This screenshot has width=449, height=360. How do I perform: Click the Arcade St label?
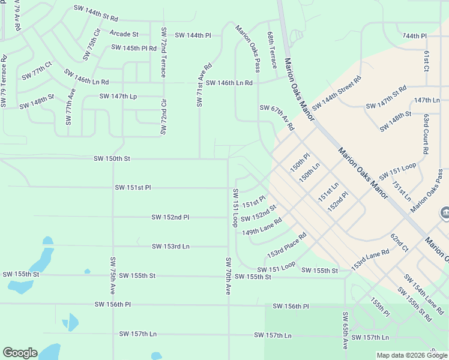coord(124,34)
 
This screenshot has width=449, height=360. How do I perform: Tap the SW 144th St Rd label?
coord(96,10)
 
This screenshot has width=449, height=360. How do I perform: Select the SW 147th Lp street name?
coord(118,96)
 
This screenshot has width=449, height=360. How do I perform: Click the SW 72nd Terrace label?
coord(163,52)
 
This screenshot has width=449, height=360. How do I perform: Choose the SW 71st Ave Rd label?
coord(203,85)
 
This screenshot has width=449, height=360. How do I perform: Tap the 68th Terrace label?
coord(272,51)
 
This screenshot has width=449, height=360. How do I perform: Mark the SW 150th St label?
coord(112,159)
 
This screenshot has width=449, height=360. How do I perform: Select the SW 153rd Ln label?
coord(170,246)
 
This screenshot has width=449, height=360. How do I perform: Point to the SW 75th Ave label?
coord(112,275)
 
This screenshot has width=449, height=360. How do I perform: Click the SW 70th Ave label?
coord(228,275)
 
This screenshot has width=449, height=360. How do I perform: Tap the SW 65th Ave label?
coord(345,331)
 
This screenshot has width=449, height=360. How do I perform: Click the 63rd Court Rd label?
coord(425,134)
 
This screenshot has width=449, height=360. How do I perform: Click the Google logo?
coord(20,353)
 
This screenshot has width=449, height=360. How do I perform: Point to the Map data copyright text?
coord(411,355)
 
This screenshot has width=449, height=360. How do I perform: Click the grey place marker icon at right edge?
coord(445,213)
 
